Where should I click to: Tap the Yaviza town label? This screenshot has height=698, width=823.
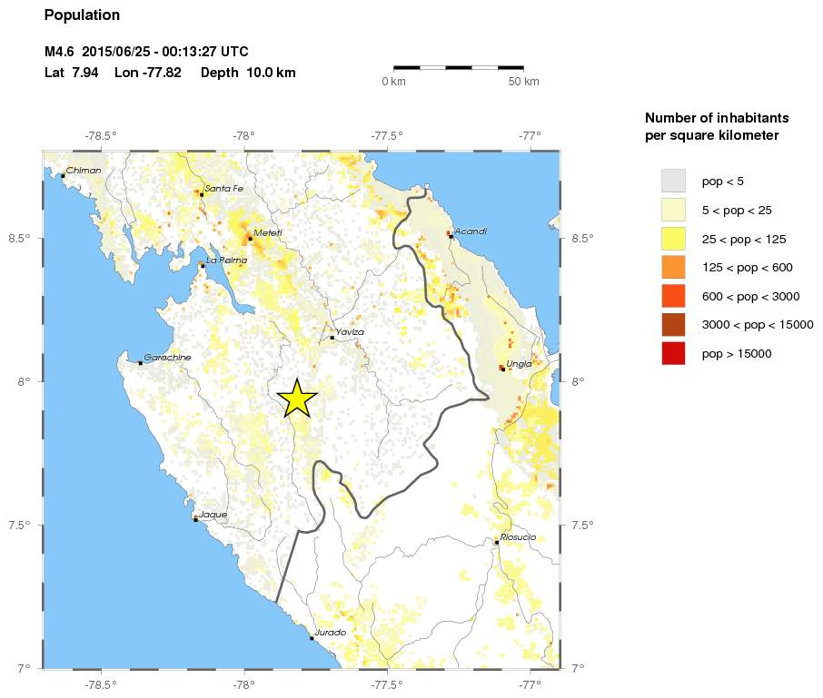(350, 332)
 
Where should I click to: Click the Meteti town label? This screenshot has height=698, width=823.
(268, 232)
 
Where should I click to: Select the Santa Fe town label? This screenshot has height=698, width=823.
(223, 189)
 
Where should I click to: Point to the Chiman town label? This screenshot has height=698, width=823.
(84, 170)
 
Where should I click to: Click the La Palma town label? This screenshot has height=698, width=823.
(226, 261)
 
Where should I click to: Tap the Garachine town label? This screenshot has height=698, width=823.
(168, 358)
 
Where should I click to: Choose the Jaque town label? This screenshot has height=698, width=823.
(213, 515)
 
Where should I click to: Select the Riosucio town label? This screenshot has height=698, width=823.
(518, 537)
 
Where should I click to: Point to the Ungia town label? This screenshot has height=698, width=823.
(520, 363)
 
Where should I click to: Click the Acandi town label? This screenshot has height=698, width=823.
(471, 231)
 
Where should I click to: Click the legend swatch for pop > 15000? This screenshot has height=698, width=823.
(672, 354)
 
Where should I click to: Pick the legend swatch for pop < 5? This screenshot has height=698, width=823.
(672, 181)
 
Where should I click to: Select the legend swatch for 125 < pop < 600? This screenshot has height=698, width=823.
(672, 268)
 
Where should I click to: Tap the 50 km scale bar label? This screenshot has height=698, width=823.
(523, 82)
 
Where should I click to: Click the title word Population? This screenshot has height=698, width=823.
(82, 15)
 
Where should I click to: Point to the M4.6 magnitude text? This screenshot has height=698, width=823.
(60, 52)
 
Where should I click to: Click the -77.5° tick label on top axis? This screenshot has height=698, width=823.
(387, 136)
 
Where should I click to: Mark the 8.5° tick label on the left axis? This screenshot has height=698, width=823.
(20, 239)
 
